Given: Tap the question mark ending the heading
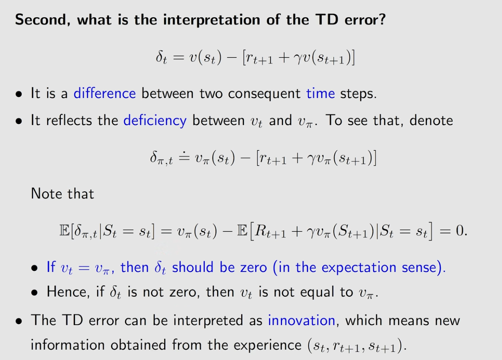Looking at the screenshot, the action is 381,19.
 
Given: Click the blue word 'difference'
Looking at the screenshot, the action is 105,93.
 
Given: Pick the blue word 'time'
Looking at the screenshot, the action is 320,93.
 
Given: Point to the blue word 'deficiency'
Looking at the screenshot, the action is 155,121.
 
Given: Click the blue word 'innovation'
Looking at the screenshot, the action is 302,320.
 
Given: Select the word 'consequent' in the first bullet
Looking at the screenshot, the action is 264,94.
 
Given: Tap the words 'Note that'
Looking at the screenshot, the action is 62,193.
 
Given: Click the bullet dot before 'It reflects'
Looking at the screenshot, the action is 19,121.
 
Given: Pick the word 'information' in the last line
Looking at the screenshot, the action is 68,345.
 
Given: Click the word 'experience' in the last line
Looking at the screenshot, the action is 268,345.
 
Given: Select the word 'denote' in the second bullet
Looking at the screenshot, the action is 431,121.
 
